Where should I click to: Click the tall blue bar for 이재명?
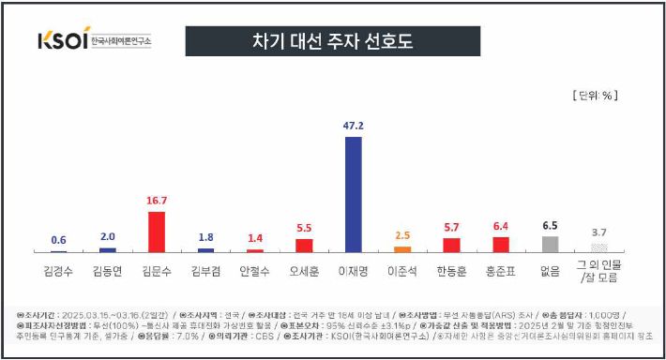click(x=353, y=194)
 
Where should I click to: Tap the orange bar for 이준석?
click(x=402, y=248)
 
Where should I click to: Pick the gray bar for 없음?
click(x=550, y=244)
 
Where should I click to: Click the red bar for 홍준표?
click(x=501, y=244)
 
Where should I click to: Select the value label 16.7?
click(x=157, y=200)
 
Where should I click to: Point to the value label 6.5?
click(x=550, y=225)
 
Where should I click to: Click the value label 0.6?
click(x=58, y=240)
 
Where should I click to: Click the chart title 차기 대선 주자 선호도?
click(x=333, y=41)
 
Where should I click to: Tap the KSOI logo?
click(x=94, y=41)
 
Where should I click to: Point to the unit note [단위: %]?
click(x=595, y=95)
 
